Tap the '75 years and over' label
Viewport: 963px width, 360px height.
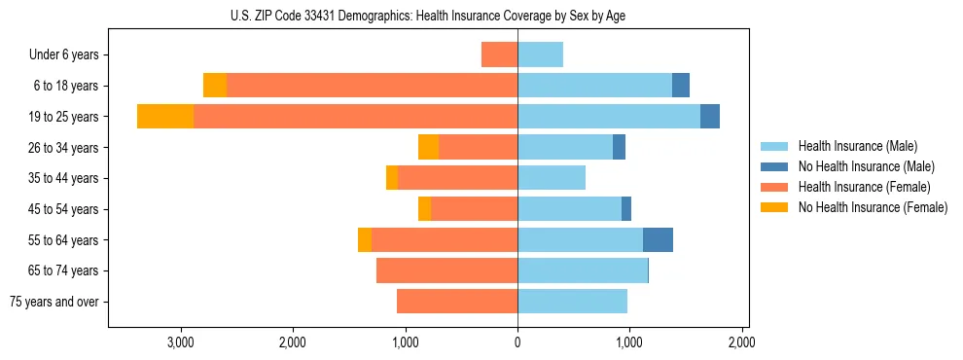click(x=54, y=302)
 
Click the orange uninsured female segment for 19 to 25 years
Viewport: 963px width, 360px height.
click(x=164, y=117)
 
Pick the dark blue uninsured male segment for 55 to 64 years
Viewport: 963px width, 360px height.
click(x=658, y=240)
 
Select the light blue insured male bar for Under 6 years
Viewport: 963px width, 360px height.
click(x=540, y=55)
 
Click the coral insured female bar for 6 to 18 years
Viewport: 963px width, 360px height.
click(x=372, y=86)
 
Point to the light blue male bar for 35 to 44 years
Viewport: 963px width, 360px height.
click(x=552, y=178)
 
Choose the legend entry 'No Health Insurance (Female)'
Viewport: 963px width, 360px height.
click(x=873, y=207)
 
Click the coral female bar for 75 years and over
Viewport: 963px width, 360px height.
click(x=457, y=302)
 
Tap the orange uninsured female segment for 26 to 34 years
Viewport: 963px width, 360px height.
click(x=428, y=148)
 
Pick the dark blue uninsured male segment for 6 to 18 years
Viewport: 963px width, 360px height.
click(x=681, y=86)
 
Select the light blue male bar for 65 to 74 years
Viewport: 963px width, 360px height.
click(x=583, y=270)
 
